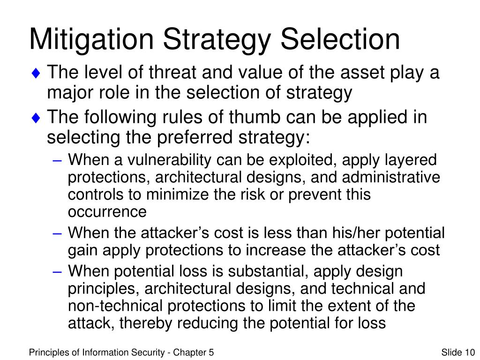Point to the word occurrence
point(107,212)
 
